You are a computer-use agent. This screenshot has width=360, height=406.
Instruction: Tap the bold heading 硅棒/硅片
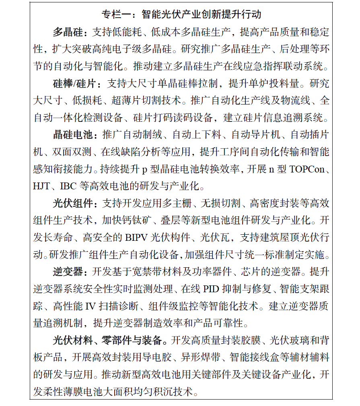point(74,84)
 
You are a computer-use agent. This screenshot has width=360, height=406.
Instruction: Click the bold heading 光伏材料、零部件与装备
point(108,340)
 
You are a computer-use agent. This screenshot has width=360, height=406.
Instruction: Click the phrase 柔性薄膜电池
point(73,392)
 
